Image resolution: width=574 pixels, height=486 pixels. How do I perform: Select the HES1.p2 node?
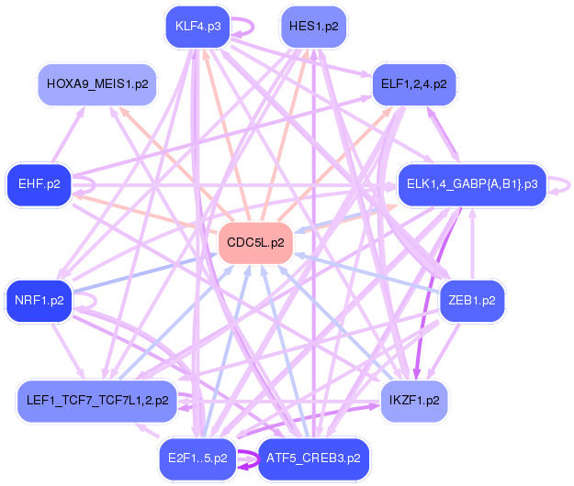click(x=313, y=27)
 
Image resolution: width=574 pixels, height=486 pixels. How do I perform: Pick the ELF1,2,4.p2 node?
click(x=413, y=84)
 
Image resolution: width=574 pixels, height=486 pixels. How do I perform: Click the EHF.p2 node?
click(x=39, y=184)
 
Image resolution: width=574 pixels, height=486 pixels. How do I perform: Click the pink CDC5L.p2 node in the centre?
click(x=255, y=243)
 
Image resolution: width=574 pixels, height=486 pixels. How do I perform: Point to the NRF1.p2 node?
click(x=39, y=300)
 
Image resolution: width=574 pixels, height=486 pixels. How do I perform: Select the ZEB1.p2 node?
click(x=472, y=300)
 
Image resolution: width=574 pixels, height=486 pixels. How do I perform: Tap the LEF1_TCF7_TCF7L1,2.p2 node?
click(x=96, y=401)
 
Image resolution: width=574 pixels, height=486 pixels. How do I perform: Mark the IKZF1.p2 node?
click(x=414, y=401)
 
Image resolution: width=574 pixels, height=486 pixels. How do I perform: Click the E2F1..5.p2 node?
click(x=197, y=458)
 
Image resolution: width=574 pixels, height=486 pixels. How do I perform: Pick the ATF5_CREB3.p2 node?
click(x=313, y=458)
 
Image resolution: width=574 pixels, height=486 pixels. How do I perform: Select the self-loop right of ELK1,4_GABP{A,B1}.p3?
click(x=560, y=184)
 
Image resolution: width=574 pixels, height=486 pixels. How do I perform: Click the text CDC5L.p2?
click(x=255, y=243)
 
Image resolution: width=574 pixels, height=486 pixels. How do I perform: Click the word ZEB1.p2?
click(x=472, y=300)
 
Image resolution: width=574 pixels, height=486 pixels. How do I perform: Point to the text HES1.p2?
click(x=313, y=27)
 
